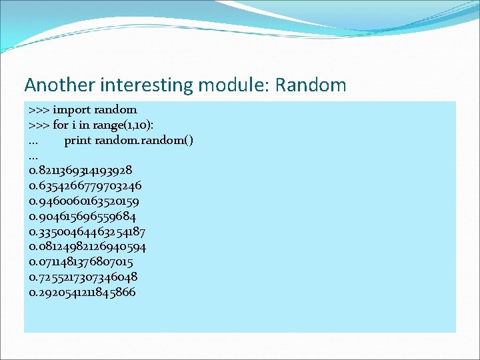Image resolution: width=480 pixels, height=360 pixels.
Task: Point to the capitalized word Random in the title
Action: (311, 85)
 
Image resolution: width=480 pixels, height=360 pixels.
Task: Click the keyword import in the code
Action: (72, 110)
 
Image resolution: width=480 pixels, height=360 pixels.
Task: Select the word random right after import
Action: (116, 110)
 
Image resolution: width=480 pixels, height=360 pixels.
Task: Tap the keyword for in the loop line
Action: (61, 125)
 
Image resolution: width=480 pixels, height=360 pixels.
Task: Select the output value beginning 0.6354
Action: (85, 186)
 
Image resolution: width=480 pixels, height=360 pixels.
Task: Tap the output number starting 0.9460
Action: (84, 201)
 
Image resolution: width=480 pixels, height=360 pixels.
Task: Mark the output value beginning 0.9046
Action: (83, 217)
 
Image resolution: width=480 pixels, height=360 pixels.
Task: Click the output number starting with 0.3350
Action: (87, 232)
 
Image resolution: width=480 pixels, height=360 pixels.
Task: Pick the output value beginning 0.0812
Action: (88, 247)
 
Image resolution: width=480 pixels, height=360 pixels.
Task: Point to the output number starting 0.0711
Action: (81, 262)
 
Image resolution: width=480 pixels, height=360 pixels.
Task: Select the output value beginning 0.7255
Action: (83, 277)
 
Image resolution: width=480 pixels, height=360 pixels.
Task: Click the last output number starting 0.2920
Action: (83, 293)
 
